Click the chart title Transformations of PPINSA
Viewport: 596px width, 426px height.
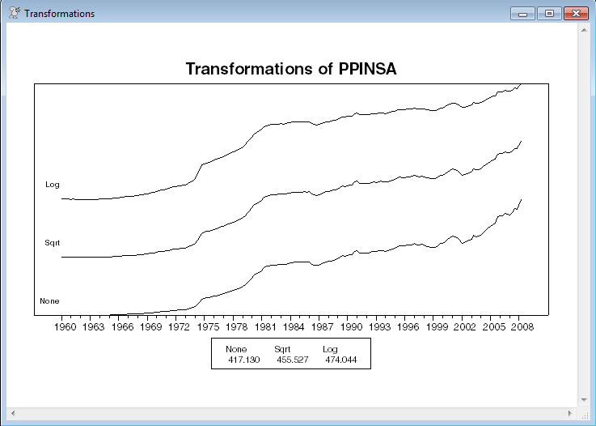pos(291,69)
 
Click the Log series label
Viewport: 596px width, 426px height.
pos(53,185)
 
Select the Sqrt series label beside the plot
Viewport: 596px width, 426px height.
pos(53,243)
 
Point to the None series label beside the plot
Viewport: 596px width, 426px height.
pos(50,301)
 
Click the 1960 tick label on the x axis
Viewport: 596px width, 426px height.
pos(65,327)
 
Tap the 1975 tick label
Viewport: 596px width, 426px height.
pos(208,327)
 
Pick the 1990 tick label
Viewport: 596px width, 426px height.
pos(350,327)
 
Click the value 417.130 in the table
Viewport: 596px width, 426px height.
pos(244,359)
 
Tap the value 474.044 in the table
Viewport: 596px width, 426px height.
pos(340,359)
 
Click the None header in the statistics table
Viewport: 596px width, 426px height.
pos(235,349)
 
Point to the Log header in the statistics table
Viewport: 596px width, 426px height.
pos(330,349)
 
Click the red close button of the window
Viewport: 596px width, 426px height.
pos(575,14)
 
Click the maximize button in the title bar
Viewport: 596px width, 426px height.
pos(550,14)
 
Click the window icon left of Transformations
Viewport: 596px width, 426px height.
pos(14,14)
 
